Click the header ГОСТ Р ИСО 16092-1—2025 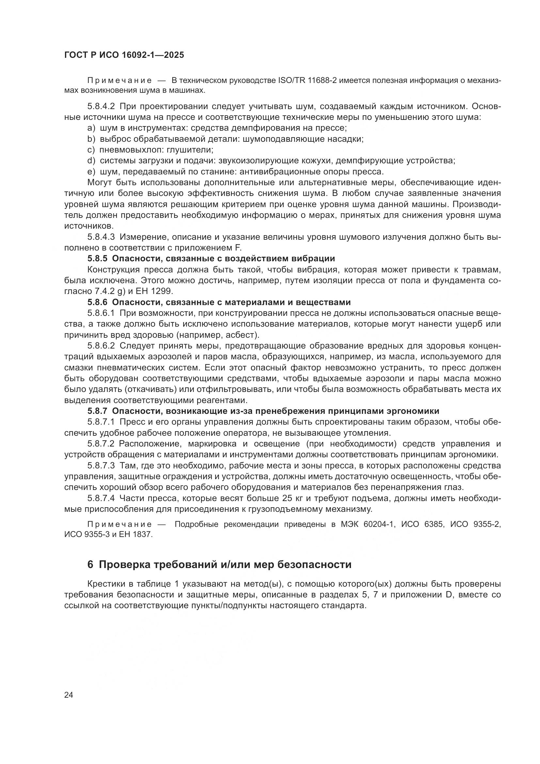point(124,55)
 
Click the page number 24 point(69,695)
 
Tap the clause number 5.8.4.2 point(101,106)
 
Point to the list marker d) point(91,161)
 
